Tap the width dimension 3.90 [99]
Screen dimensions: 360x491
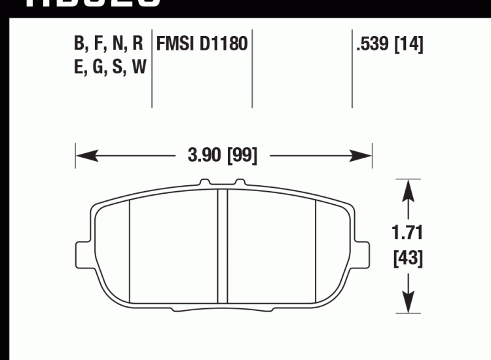tap(223, 156)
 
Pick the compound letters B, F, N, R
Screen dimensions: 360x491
tap(108, 45)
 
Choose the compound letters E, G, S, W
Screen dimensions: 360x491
tap(109, 67)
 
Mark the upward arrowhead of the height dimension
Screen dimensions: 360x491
tap(409, 191)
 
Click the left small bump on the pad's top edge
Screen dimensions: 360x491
tap(206, 183)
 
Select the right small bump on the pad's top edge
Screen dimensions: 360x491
tap(239, 183)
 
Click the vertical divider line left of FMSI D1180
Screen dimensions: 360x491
tap(152, 69)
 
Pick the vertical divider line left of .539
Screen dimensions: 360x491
tap(352, 69)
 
